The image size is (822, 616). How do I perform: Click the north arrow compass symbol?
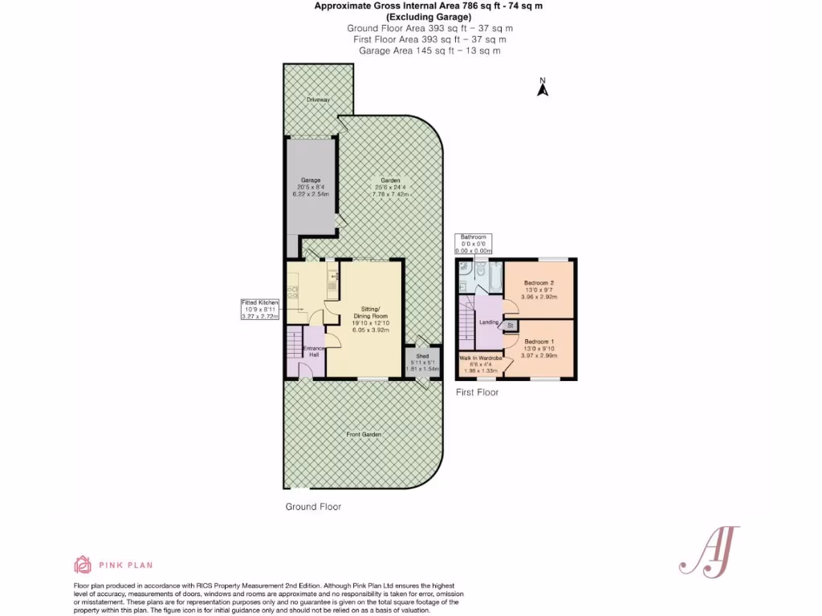point(542,87)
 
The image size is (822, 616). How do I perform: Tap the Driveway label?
point(318,99)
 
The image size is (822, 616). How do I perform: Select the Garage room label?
point(311,180)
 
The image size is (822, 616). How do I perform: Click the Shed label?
point(422,355)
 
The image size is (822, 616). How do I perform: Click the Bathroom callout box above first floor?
point(473,244)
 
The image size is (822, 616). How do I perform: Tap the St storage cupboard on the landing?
point(510,325)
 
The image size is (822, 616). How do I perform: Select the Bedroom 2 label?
point(539,283)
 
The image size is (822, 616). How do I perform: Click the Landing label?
point(489,322)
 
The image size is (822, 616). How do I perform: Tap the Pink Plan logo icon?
point(83,564)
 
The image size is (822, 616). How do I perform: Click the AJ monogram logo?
point(709,551)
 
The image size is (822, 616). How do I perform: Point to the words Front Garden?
point(363,434)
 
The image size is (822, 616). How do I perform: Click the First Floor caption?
point(477,392)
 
